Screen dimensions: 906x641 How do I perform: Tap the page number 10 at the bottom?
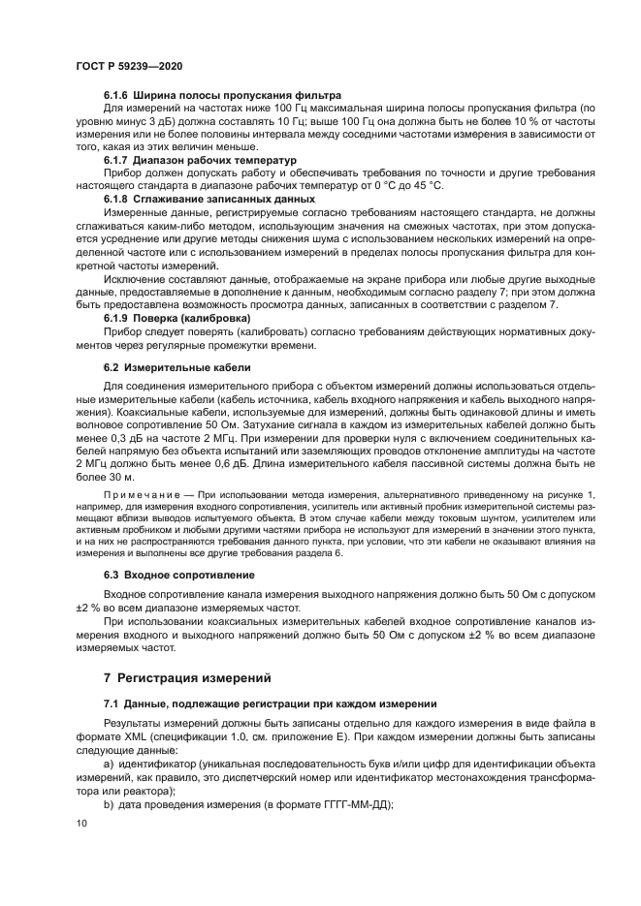tap(80, 823)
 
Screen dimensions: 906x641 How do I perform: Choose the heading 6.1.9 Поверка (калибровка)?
tap(176, 317)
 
